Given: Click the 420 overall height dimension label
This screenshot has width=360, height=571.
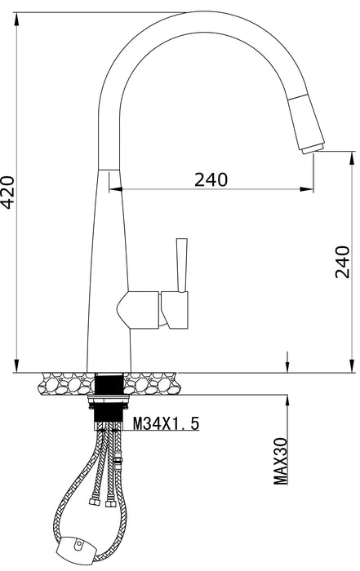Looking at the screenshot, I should point(7,192).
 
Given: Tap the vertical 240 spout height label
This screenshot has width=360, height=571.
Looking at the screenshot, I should point(344,261).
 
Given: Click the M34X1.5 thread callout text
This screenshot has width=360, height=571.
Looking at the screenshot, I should point(166,423).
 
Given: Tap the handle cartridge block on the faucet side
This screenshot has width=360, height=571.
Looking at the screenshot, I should point(176,310).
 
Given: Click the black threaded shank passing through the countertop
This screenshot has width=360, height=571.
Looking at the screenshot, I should point(109,383).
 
